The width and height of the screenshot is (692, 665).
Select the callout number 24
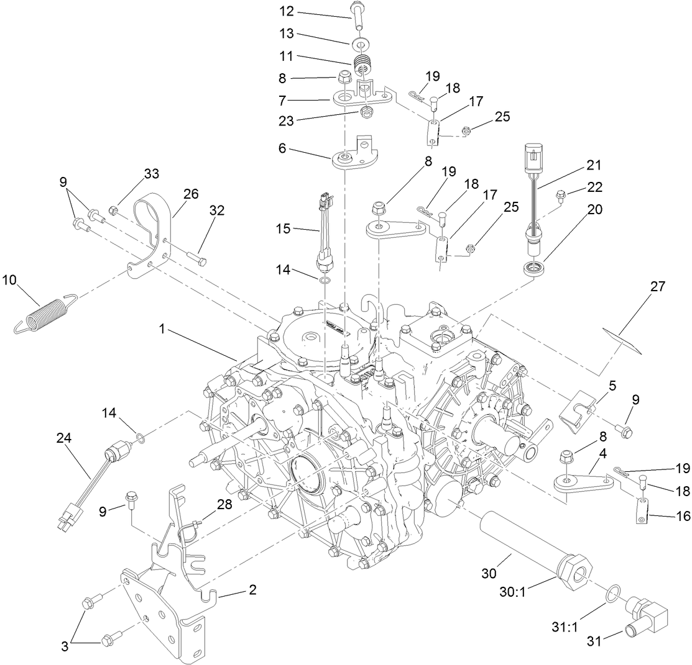click(63, 438)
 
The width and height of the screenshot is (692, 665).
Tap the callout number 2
click(252, 590)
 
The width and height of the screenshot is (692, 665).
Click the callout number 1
click(162, 330)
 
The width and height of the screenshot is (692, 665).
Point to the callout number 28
click(224, 504)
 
